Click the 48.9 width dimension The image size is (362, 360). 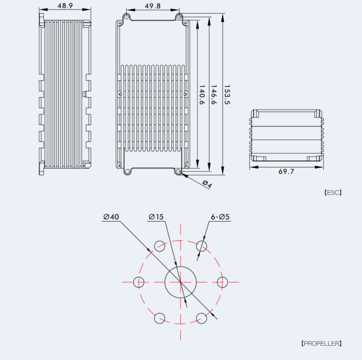click(x=65, y=6)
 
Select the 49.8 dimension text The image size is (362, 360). click(x=153, y=6)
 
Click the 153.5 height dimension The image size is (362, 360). click(x=227, y=95)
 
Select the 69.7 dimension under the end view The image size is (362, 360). click(x=286, y=172)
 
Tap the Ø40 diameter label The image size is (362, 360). click(x=111, y=217)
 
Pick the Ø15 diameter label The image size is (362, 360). click(x=156, y=217)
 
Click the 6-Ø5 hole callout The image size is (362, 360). click(x=220, y=217)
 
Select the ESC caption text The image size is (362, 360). click(x=333, y=193)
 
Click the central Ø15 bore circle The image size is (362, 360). click(x=180, y=282)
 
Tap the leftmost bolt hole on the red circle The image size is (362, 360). click(x=139, y=282)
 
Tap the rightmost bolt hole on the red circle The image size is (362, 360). click(x=220, y=282)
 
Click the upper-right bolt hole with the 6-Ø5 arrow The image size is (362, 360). click(x=201, y=246)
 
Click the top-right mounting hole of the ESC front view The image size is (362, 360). click(x=179, y=17)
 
